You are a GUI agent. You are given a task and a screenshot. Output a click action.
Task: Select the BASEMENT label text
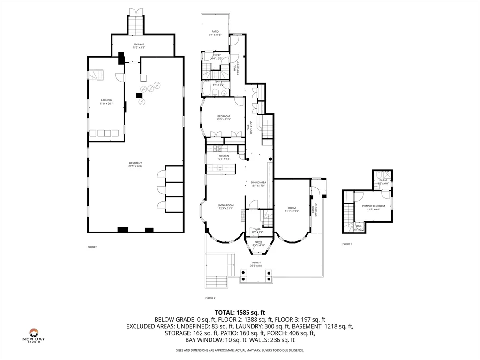[135, 163]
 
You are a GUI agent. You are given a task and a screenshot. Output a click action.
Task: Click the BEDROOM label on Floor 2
[224, 116]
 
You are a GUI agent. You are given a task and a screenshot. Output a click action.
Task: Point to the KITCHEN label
[224, 156]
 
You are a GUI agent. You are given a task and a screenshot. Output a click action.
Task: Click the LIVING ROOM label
[225, 205]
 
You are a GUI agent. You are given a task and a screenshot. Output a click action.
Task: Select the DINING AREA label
[258, 182]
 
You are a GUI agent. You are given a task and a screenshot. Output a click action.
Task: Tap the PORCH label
[256, 263]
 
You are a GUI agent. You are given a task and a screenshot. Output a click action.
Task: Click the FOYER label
[259, 242]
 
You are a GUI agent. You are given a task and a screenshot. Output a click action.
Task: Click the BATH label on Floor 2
[218, 82]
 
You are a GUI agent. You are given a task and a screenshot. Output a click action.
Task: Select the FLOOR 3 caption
[347, 244]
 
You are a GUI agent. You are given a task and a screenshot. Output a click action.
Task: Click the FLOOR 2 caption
[210, 298]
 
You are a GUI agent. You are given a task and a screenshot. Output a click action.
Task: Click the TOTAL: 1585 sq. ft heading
[240, 312]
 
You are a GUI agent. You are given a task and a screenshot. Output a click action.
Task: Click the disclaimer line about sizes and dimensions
[240, 350]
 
